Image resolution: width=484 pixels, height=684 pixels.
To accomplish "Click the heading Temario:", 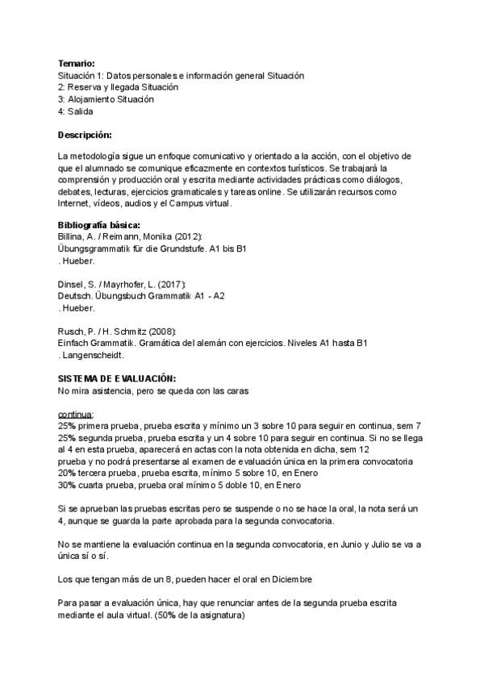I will click(77, 63).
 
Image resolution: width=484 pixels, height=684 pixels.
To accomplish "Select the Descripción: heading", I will click(85, 134).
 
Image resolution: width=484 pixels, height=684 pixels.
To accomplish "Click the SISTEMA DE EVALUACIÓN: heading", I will click(117, 378).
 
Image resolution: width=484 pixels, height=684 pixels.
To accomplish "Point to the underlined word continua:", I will click(76, 413).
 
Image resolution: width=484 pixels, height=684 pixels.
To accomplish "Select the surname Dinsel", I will click(70, 284).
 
